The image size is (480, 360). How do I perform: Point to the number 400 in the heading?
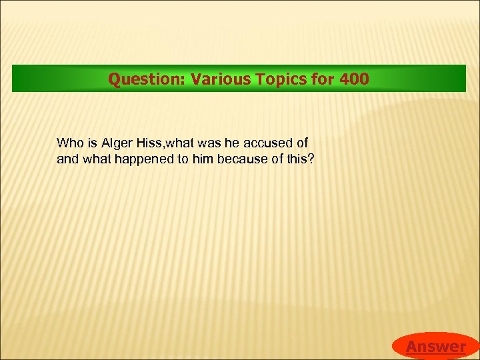pyautogui.click(x=353, y=79)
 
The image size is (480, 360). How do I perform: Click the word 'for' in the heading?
pyautogui.click(x=323, y=79)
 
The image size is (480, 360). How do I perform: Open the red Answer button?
pyautogui.click(x=435, y=346)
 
